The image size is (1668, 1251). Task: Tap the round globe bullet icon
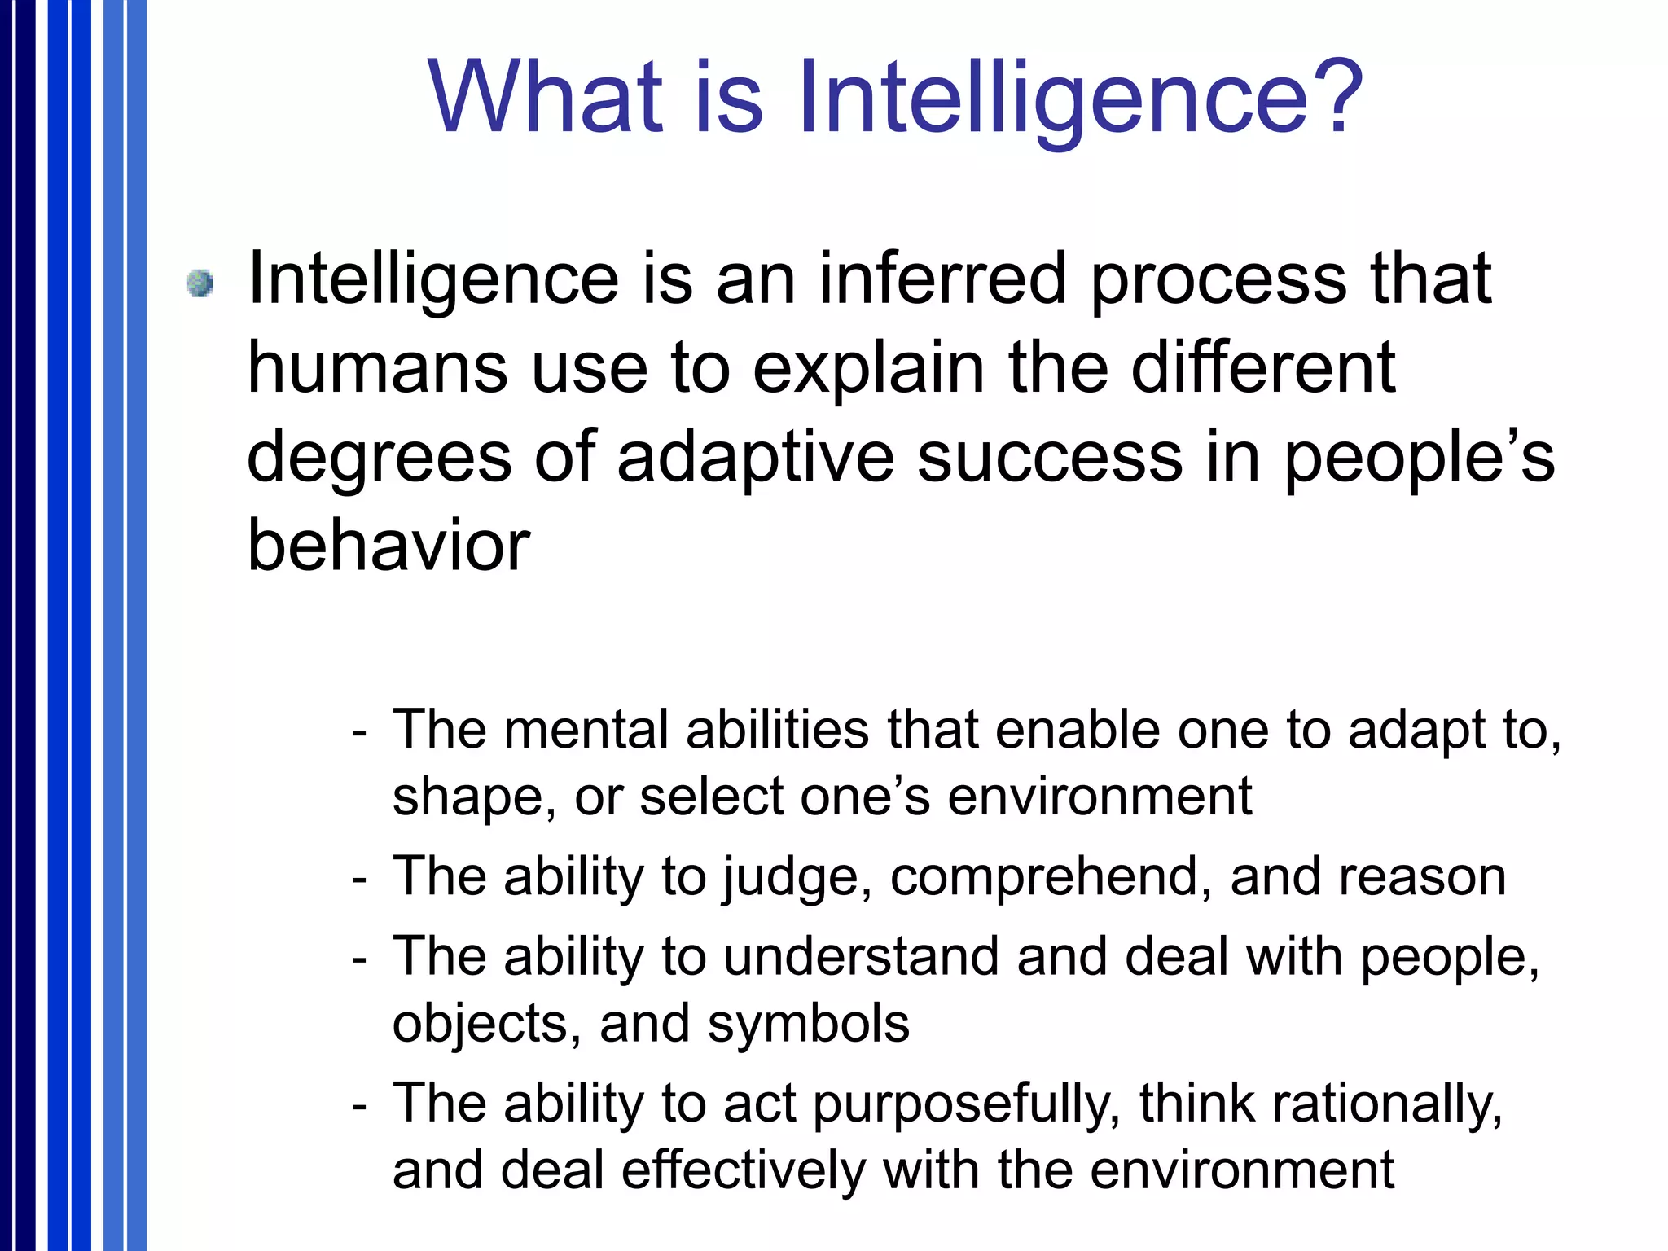pos(200,283)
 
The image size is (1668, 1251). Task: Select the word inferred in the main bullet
pos(942,279)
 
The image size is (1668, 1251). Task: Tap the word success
pos(1050,458)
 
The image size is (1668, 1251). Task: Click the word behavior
pos(388,546)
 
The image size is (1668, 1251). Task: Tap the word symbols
pos(808,1024)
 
